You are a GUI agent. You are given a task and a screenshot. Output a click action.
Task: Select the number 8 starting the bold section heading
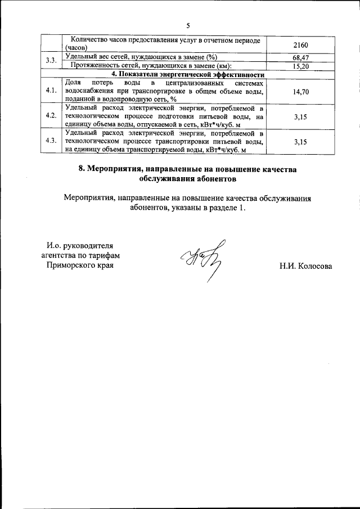[x=81, y=169]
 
